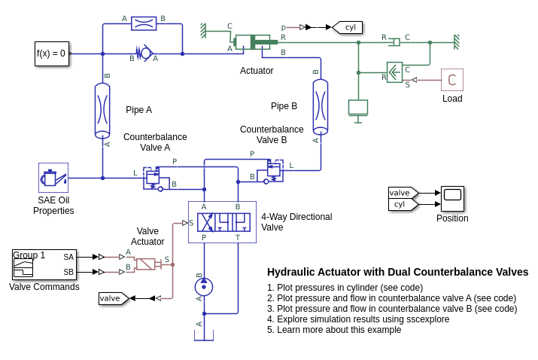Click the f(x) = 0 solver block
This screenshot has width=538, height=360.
point(51,53)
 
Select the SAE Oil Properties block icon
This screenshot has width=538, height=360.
point(53,178)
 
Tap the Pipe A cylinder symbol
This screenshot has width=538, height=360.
point(102,110)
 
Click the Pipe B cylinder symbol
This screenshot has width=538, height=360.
point(321,104)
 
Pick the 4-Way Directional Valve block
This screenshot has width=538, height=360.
point(222,221)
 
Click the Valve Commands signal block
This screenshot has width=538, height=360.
point(44,264)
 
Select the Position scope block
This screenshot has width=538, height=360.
point(452,199)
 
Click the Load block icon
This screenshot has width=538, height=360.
point(451,80)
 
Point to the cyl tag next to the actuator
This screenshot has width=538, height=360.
point(348,27)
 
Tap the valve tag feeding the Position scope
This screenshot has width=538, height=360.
point(402,193)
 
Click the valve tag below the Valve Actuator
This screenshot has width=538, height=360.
point(112,298)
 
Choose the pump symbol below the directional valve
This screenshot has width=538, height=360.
point(203,287)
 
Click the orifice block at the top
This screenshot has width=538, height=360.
point(143,23)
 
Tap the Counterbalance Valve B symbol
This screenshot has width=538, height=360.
point(271,170)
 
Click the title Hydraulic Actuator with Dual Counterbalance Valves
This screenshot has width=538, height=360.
point(397,272)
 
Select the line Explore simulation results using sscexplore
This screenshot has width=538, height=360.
point(357,319)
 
